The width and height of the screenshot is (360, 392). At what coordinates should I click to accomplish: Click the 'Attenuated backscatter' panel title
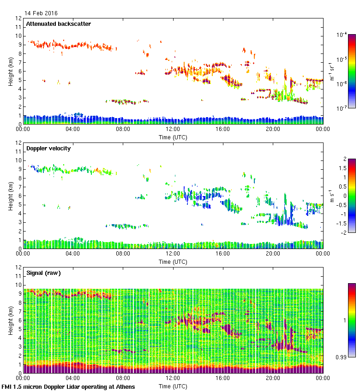pyautogui.click(x=59, y=24)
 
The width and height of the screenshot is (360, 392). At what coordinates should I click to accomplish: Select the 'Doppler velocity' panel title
pyautogui.click(x=48, y=148)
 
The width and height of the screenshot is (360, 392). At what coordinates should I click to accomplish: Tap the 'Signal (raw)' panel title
pyautogui.click(x=44, y=273)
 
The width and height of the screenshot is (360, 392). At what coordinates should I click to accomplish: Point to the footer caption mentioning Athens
pyautogui.click(x=69, y=386)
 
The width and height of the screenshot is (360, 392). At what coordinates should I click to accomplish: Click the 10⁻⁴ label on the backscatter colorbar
pyautogui.click(x=342, y=35)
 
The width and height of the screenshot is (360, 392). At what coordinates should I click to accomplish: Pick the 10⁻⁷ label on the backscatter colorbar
pyautogui.click(x=342, y=108)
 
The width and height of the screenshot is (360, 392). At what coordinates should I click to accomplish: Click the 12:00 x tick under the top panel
pyautogui.click(x=173, y=130)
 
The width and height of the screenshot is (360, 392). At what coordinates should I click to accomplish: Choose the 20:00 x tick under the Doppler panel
pyautogui.click(x=273, y=254)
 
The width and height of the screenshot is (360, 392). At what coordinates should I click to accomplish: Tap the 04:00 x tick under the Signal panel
pyautogui.click(x=73, y=378)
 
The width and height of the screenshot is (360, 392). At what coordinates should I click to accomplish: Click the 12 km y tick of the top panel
pyautogui.click(x=19, y=18)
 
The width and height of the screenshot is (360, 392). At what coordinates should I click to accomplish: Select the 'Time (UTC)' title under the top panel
pyautogui.click(x=173, y=137)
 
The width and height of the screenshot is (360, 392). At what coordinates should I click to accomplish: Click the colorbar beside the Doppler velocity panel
pyautogui.click(x=352, y=196)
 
